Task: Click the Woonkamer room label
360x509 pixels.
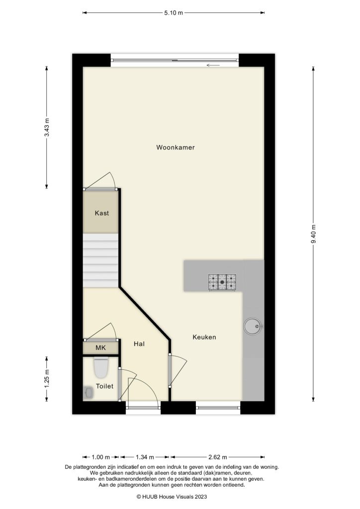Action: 175,148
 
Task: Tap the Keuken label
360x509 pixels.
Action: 204,337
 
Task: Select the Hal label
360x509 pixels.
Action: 139,343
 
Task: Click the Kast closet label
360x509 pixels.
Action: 102,213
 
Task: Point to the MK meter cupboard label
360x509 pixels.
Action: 101,348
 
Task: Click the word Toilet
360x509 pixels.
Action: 105,386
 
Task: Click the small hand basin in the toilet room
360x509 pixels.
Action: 88,393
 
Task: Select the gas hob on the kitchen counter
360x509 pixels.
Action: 223,282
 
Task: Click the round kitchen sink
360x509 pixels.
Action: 252,326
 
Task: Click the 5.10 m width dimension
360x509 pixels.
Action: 173,13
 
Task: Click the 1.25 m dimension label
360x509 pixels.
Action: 47,379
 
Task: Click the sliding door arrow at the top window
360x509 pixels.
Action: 214,65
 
